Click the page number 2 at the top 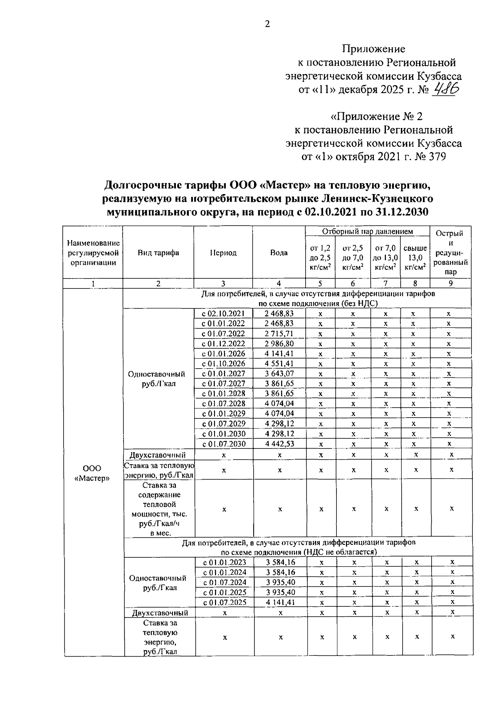pos(267,25)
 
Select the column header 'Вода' pos(279,253)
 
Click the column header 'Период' pos(223,253)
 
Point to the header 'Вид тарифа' pos(158,253)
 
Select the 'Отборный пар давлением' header pos(367,231)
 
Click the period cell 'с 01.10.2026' pos(223,364)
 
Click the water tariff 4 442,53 pos(279,444)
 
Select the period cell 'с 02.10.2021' pos(223,314)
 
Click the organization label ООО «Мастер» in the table pos(92,473)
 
